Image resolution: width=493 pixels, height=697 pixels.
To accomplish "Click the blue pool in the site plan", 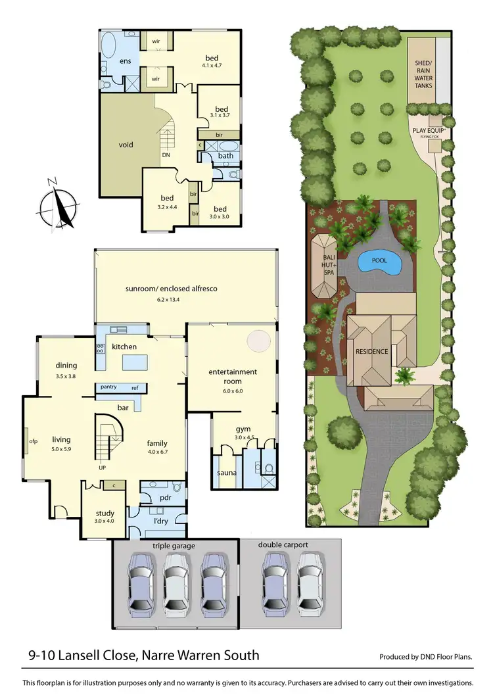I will [x=381, y=261].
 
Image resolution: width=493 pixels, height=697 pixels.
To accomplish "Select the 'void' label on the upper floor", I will [x=126, y=145].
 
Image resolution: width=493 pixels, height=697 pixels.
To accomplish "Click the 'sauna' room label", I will [x=227, y=473].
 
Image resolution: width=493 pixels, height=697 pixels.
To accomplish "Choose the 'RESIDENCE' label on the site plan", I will [x=372, y=351].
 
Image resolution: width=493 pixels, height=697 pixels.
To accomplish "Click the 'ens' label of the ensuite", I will [x=125, y=61].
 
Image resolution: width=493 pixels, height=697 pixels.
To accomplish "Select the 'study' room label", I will [x=105, y=514].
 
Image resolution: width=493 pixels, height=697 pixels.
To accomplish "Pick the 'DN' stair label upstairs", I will [x=166, y=155].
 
